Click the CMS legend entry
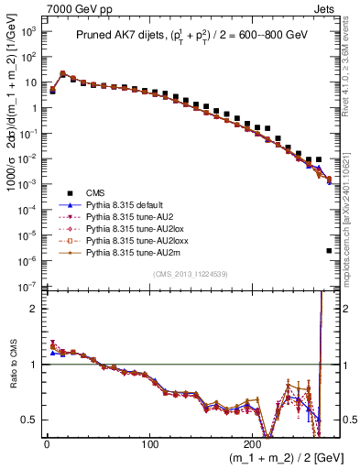click(97, 191)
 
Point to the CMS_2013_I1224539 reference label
click(190, 272)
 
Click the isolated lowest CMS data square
click(329, 250)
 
